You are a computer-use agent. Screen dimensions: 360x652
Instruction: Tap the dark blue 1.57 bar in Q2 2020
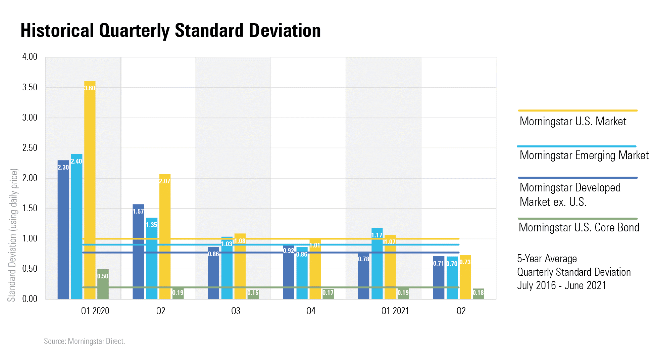tap(138, 252)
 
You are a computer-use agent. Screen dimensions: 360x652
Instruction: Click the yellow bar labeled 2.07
tap(165, 236)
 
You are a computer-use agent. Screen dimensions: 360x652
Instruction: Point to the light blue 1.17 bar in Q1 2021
tap(377, 264)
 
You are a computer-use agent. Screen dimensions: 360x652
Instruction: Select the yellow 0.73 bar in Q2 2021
tap(465, 277)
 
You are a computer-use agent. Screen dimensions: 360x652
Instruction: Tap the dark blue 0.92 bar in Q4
tap(288, 272)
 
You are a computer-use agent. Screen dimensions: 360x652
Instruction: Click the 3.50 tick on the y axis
tap(30, 87)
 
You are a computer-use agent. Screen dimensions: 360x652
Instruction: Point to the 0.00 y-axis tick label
tap(30, 299)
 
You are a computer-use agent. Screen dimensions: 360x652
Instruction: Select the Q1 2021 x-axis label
tap(395, 311)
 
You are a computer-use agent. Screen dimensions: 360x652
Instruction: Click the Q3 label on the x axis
tap(236, 311)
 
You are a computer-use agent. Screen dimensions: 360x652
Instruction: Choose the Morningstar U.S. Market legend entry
tap(573, 121)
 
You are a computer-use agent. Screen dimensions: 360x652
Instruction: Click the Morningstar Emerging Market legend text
tap(584, 155)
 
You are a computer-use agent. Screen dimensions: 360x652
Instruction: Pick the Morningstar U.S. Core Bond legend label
tap(579, 227)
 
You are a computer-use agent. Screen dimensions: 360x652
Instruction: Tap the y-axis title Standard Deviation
tap(12, 235)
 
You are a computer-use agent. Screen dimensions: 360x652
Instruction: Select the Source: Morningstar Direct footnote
tap(84, 341)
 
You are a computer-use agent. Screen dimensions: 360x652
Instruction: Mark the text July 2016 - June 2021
tap(561, 285)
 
